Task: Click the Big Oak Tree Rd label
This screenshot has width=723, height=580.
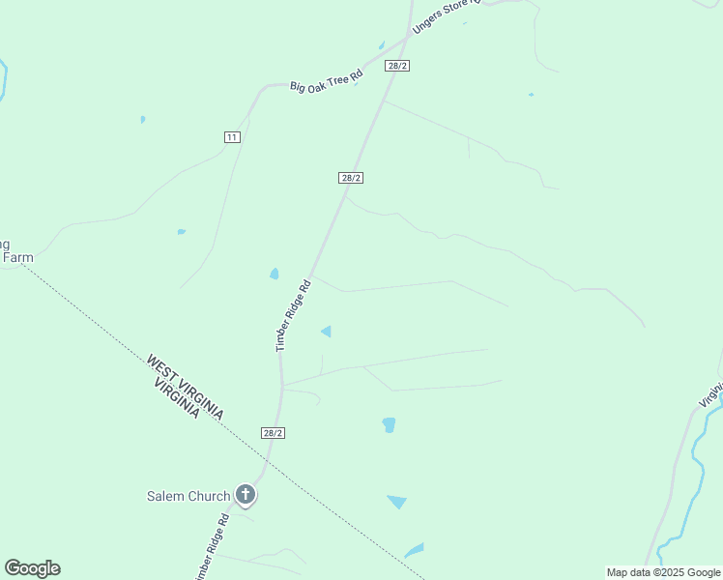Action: [327, 80]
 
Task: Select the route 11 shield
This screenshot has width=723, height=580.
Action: [232, 137]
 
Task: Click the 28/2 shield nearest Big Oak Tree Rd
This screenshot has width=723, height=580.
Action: [397, 66]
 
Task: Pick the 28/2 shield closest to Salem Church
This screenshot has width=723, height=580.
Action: [273, 433]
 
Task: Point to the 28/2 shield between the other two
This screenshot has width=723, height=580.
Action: [351, 178]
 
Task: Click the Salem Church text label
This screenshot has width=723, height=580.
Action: [188, 496]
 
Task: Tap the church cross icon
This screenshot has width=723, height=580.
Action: [246, 496]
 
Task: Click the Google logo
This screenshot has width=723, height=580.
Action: [32, 568]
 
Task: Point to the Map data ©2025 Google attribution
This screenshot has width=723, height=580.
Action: [664, 572]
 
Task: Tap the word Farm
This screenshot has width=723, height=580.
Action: [17, 258]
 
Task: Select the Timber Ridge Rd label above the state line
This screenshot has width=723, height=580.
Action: [293, 315]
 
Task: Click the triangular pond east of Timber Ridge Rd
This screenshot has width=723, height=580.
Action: [327, 332]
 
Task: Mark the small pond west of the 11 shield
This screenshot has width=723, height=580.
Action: [143, 120]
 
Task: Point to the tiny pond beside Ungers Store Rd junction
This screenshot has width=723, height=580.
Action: [382, 45]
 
